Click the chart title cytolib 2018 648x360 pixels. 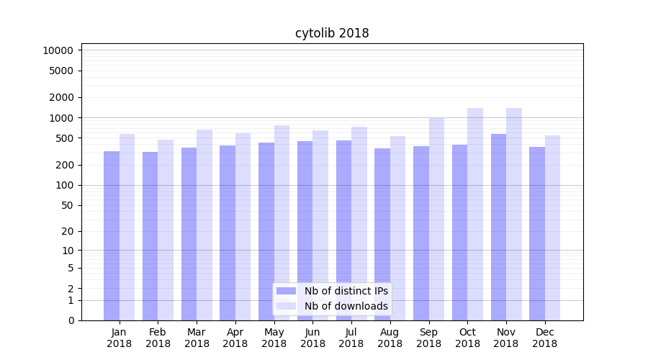(x=332, y=33)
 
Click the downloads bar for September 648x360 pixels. (x=436, y=219)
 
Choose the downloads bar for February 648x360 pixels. (x=166, y=230)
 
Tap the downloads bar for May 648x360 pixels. (x=282, y=222)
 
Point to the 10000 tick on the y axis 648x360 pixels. (x=58, y=50)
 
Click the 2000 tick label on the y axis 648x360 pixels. (x=61, y=97)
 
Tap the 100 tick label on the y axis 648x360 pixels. (x=64, y=185)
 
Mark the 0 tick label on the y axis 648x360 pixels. (x=71, y=320)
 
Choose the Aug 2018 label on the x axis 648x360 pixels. (x=390, y=338)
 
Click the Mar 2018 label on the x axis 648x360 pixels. (x=197, y=338)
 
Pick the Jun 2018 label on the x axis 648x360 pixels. (x=312, y=338)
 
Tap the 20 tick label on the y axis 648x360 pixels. (x=67, y=231)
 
